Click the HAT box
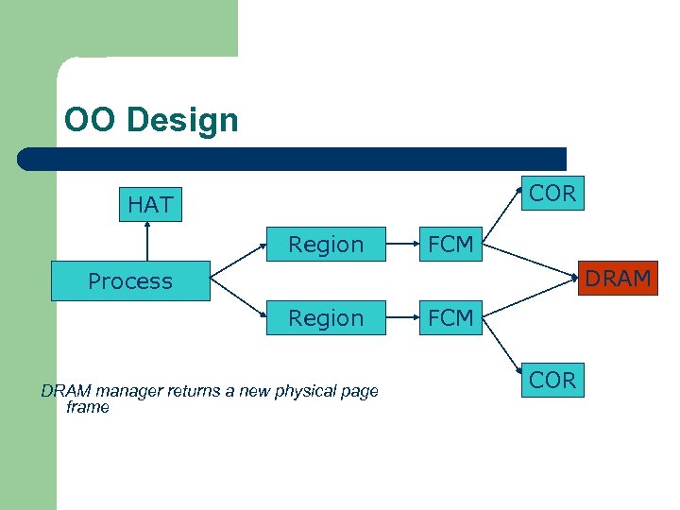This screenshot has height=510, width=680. [150, 204]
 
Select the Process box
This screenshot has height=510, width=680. [130, 280]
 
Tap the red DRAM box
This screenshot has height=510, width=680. [619, 278]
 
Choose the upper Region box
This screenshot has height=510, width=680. [326, 245]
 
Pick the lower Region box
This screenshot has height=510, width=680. [326, 317]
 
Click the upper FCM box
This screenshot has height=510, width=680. [450, 245]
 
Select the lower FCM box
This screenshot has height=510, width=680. [450, 317]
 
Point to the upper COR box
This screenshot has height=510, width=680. [552, 193]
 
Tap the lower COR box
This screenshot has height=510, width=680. [552, 380]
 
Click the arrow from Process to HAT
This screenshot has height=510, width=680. [147, 242]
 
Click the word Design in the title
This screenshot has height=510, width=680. [181, 120]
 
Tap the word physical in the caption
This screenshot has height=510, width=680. [304, 391]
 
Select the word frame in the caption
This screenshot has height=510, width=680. [88, 407]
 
